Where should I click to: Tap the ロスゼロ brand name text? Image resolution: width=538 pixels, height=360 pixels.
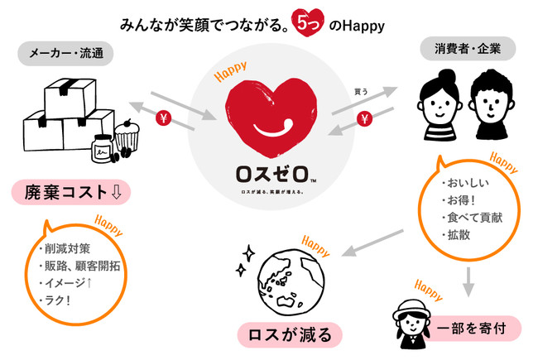268,175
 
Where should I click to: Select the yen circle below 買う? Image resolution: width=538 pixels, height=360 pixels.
362,121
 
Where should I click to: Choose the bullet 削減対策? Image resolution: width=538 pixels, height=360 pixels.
64,249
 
